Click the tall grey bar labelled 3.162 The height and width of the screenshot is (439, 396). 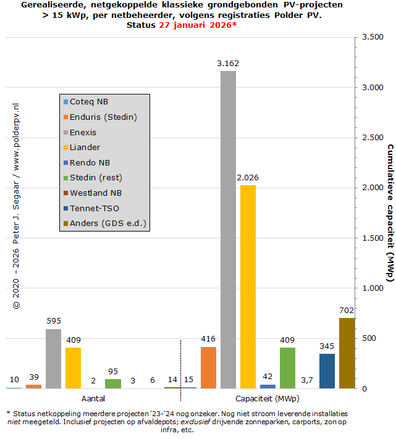click(228, 230)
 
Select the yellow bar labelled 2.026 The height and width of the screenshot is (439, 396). click(248, 286)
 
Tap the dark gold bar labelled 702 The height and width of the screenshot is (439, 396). click(347, 353)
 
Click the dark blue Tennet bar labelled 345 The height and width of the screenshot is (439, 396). click(327, 371)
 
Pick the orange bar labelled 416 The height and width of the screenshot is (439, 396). click(209, 367)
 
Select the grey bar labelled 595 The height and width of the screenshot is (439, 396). click(54, 359)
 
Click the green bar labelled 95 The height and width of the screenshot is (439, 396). click(113, 383)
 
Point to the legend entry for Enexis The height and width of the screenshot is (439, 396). click(83, 132)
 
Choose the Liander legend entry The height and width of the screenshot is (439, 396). click(85, 148)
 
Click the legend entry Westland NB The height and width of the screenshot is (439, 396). click(96, 193)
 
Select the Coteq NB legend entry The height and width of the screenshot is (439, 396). click(89, 102)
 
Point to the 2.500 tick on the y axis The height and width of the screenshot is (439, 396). click(373, 138)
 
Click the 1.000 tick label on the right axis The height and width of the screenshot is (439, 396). click(373, 288)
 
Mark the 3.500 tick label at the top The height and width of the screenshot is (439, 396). click(373, 37)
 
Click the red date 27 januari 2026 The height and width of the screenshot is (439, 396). click(197, 25)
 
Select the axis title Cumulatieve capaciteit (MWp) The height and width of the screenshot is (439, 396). click(390, 213)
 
